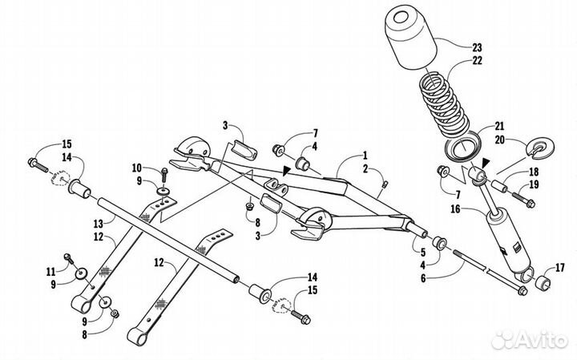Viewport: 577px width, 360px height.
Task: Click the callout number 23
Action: tap(477, 47)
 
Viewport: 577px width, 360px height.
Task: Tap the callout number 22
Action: tap(477, 60)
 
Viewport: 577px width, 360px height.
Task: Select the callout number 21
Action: tap(499, 126)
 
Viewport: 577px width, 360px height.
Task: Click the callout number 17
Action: tap(559, 268)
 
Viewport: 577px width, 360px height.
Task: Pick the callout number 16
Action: tap(455, 209)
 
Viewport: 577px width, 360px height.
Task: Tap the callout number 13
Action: tap(99, 223)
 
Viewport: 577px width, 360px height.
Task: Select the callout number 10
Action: tap(137, 168)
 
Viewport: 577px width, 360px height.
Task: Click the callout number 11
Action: tap(50, 272)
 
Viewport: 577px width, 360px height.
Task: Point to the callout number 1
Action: tap(365, 155)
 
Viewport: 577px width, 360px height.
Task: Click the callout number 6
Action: tap(423, 278)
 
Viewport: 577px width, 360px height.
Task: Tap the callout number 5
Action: tap(423, 253)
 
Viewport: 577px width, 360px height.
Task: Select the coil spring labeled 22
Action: tap(444, 103)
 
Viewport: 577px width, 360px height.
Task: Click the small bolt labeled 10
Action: tap(164, 176)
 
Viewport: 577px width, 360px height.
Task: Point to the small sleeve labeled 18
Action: tap(500, 186)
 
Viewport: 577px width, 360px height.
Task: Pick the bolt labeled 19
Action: tap(523, 199)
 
